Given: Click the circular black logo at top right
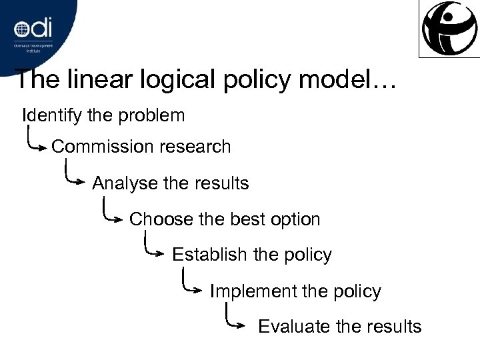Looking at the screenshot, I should click(448, 27).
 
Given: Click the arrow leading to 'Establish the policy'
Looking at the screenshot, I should click(154, 249).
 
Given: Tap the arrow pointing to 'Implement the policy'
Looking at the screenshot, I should click(193, 285).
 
